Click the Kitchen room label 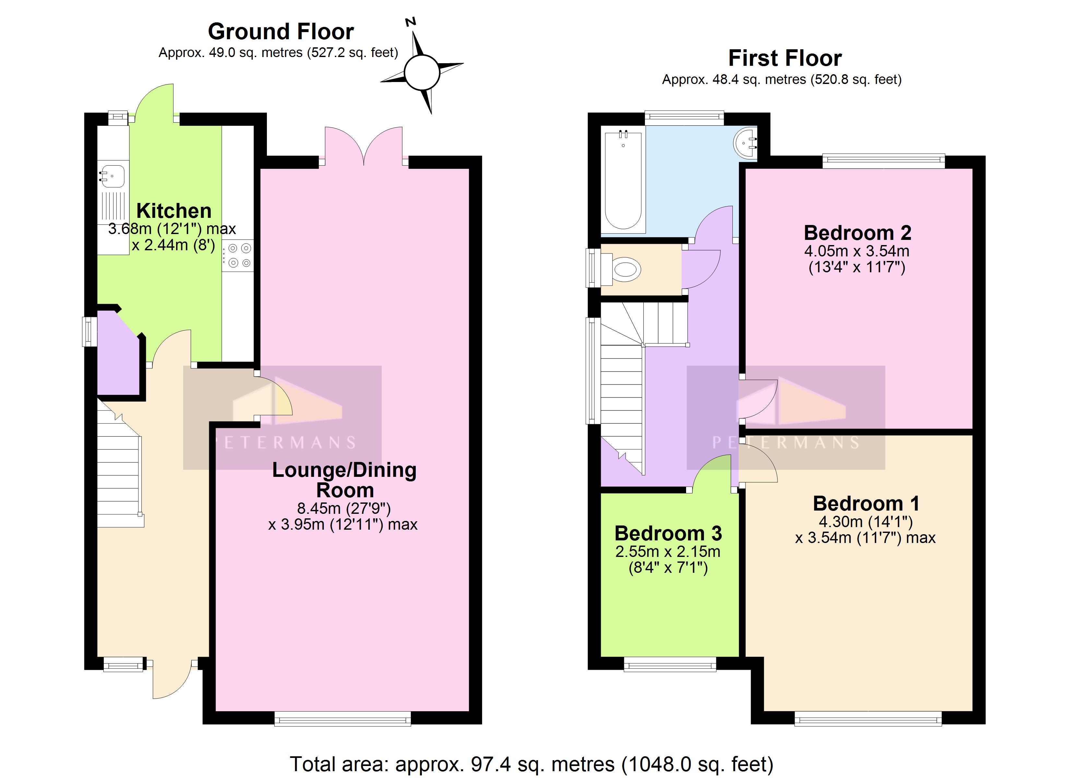173,211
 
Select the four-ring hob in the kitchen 238,255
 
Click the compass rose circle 422,73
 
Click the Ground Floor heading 281,32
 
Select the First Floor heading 785,58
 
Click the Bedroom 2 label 857,233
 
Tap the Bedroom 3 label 668,533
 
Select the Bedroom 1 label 866,503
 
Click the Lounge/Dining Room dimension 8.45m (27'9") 343,508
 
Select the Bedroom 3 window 670,664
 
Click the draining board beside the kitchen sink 113,206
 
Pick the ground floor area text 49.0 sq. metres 256,53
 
